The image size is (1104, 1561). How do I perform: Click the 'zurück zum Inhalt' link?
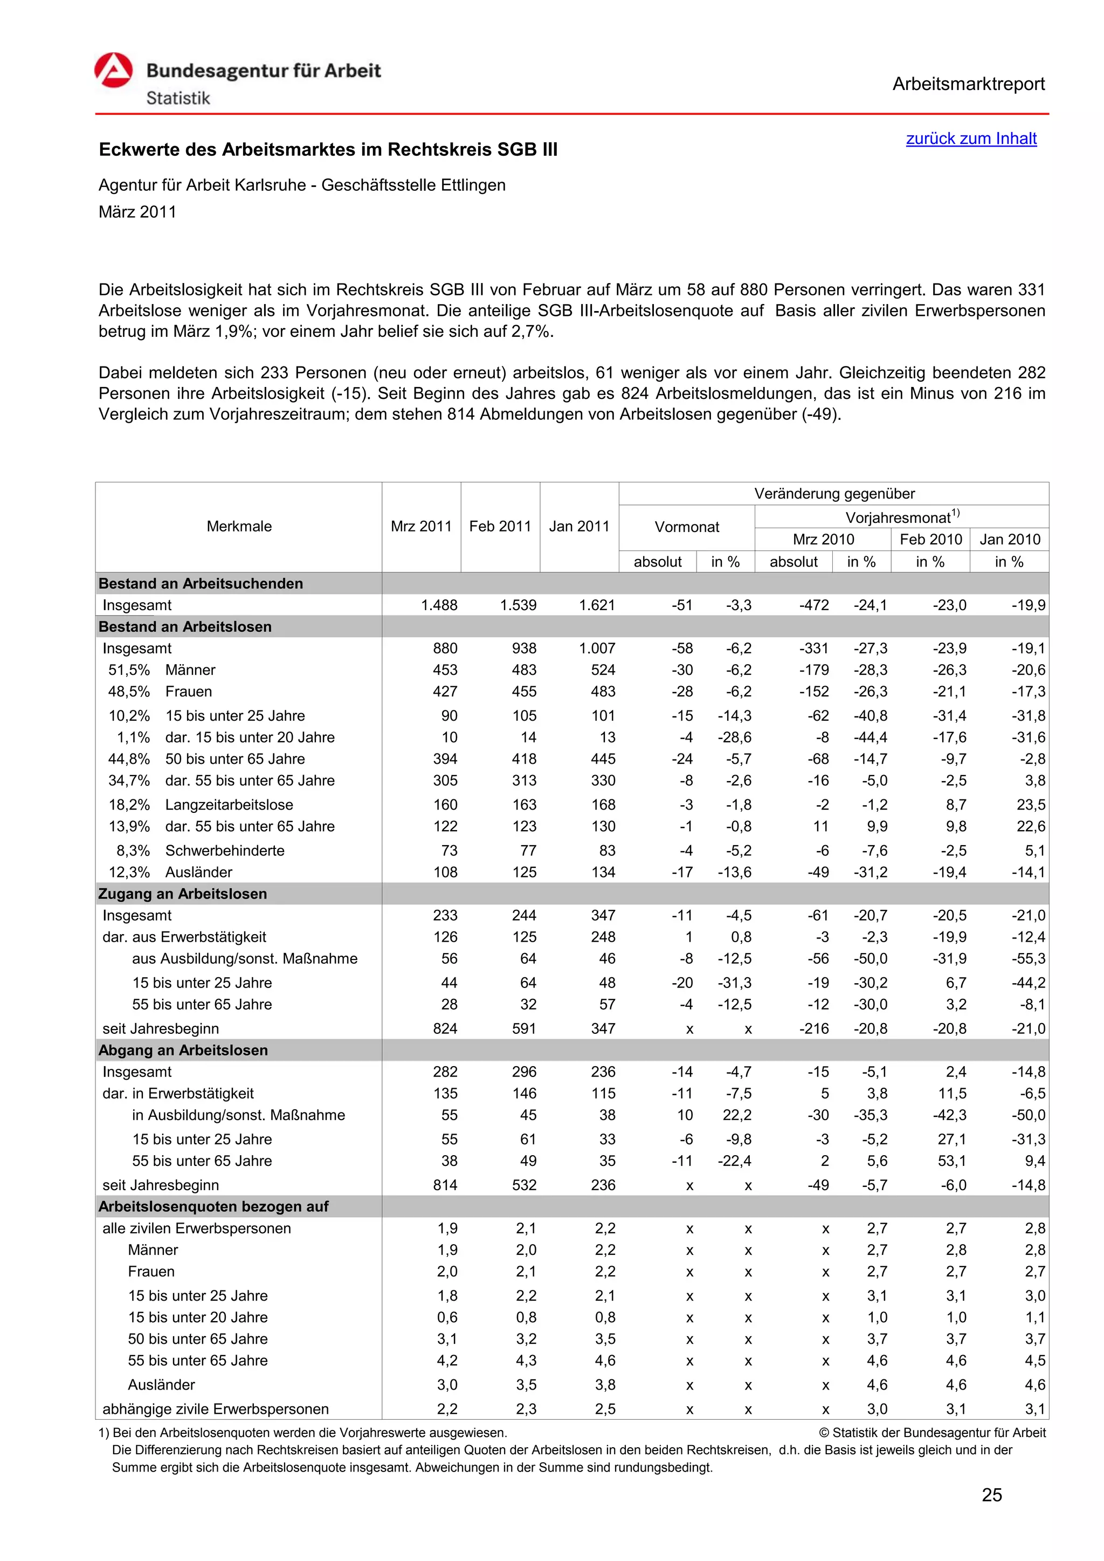pyautogui.click(x=971, y=139)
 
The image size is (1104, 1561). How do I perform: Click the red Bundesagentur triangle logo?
pyautogui.click(x=114, y=71)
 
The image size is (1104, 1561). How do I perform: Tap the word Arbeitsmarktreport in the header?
pyautogui.click(x=968, y=84)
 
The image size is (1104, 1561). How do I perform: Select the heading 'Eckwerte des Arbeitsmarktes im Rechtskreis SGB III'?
pyautogui.click(x=328, y=149)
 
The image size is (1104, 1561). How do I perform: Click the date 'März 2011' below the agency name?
pyautogui.click(x=137, y=212)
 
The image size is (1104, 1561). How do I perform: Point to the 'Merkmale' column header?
pyautogui.click(x=239, y=526)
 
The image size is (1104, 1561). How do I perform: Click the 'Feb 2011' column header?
pyautogui.click(x=500, y=526)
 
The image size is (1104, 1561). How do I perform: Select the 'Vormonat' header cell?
pyautogui.click(x=687, y=527)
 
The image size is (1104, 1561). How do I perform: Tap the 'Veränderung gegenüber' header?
pyautogui.click(x=834, y=494)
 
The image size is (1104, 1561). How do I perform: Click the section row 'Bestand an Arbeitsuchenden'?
pyautogui.click(x=201, y=583)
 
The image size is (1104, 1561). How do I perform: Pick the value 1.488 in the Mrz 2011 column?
pyautogui.click(x=439, y=605)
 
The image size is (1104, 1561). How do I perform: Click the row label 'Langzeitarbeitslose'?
pyautogui.click(x=229, y=805)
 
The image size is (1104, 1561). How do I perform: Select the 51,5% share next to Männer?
pyautogui.click(x=129, y=671)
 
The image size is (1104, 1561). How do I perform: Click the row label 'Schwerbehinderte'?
pyautogui.click(x=225, y=851)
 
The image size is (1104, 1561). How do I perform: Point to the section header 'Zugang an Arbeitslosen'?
pyautogui.click(x=183, y=894)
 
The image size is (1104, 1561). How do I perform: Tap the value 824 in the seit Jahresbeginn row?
pyautogui.click(x=445, y=1028)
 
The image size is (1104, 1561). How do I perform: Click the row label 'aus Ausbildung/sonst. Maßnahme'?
pyautogui.click(x=245, y=958)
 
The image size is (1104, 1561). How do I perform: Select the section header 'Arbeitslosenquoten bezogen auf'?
pyautogui.click(x=213, y=1207)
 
